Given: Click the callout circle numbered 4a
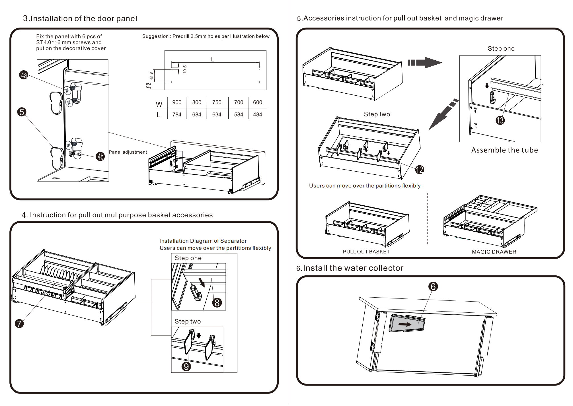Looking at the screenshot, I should (x=24, y=75).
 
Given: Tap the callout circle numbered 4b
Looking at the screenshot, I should (x=100, y=156).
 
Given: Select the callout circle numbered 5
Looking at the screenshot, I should (x=22, y=112).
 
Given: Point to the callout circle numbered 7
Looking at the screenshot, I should (x=19, y=323).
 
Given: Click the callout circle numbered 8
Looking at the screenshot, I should (x=217, y=303).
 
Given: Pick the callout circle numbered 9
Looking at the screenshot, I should (x=186, y=366).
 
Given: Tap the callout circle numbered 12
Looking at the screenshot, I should (x=420, y=170).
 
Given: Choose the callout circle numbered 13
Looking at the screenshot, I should (x=500, y=120).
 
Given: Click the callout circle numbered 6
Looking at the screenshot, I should (x=433, y=287).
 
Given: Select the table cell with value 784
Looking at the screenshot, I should (x=177, y=114).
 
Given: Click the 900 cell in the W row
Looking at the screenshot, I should (x=177, y=102).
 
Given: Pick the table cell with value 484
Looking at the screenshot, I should (x=258, y=114).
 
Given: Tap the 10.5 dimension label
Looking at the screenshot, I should (x=185, y=69).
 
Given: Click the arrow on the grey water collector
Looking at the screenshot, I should (x=405, y=324).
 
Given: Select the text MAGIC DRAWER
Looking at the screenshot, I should (x=494, y=252).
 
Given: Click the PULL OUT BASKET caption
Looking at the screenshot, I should (x=366, y=252).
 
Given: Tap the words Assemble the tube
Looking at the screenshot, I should (x=504, y=150).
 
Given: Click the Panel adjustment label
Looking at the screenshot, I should (x=128, y=152).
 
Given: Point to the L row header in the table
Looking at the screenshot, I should (x=159, y=115).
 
